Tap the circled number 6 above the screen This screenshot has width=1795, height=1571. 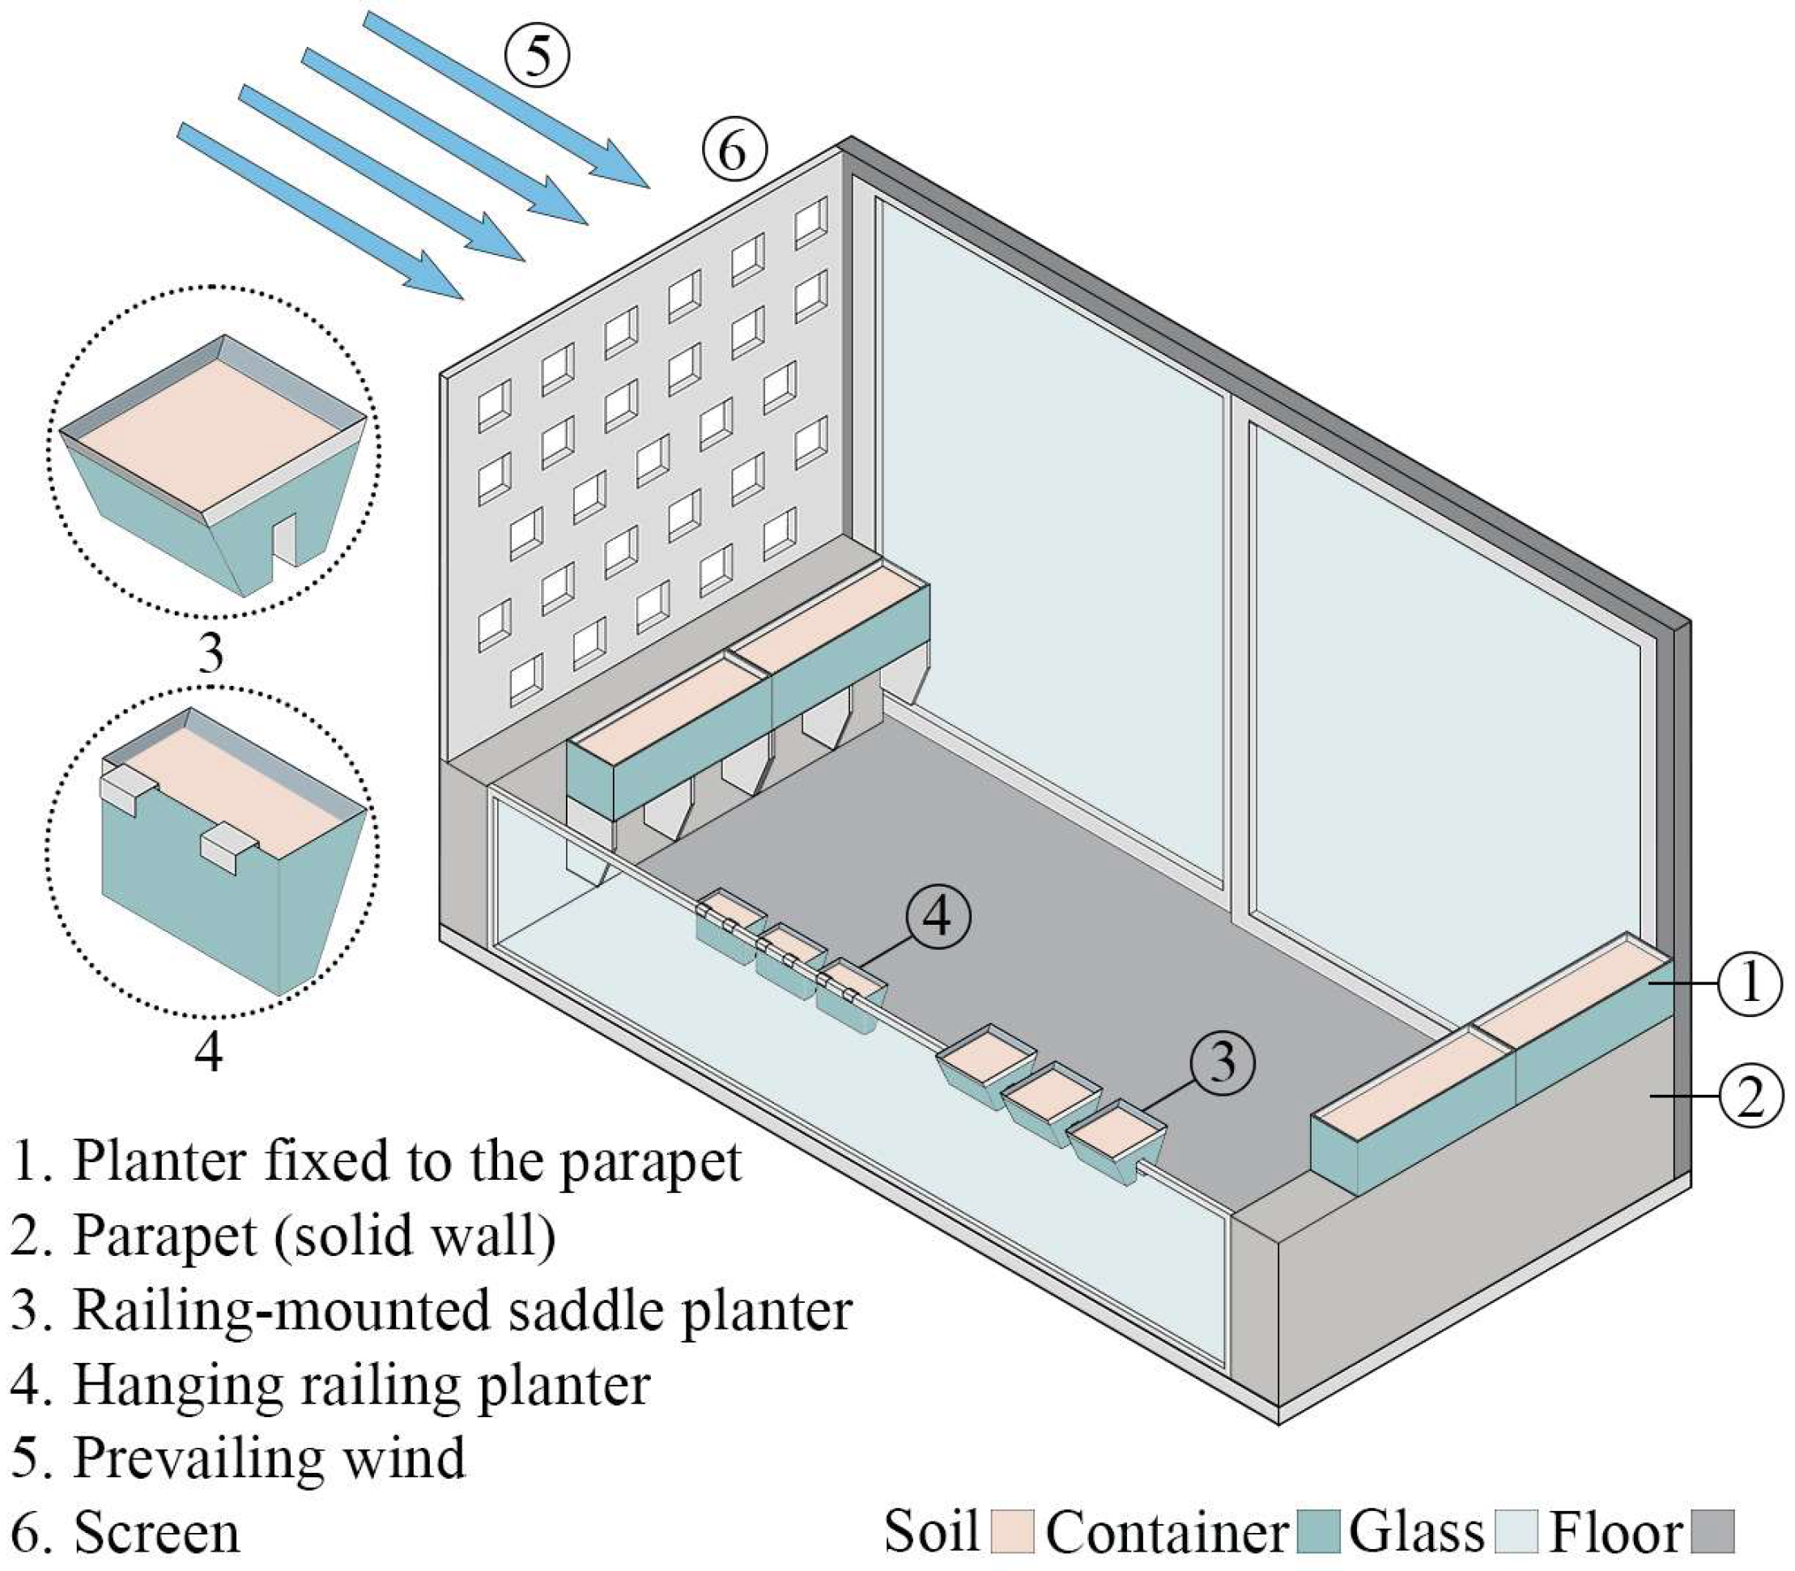point(733,151)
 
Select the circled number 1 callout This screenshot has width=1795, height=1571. point(1750,984)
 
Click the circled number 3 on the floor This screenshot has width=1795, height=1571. point(1222,1062)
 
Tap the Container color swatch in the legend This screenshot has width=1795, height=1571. point(1317,1531)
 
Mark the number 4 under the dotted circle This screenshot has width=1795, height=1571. point(208,1049)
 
